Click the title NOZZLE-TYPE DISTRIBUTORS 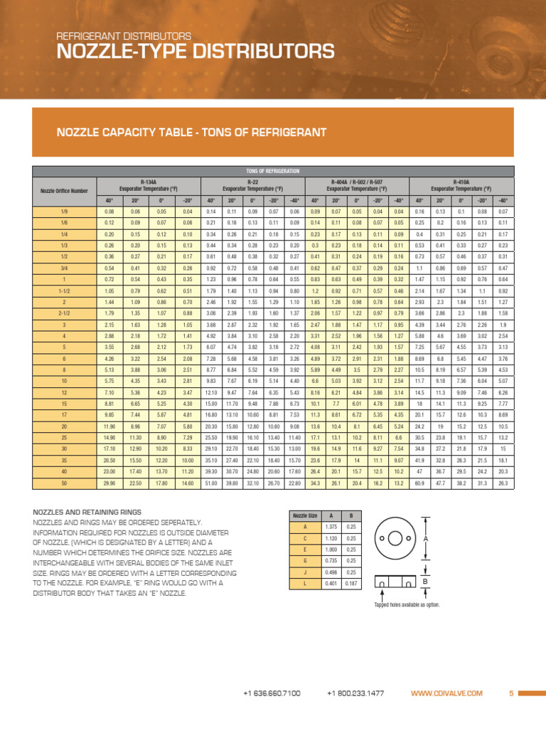(195, 51)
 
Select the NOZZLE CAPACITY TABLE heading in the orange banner (191, 132)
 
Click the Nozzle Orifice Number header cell (64, 191)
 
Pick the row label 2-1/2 (64, 313)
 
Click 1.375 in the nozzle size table (331, 526)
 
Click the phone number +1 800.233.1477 (356, 693)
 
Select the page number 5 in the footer (510, 693)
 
